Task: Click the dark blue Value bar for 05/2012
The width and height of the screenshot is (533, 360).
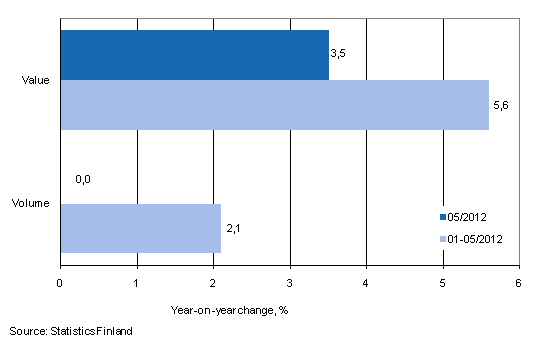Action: pyautogui.click(x=194, y=55)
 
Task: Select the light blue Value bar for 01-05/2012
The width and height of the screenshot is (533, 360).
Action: pyautogui.click(x=274, y=105)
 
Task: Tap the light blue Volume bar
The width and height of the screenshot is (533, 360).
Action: pyautogui.click(x=140, y=228)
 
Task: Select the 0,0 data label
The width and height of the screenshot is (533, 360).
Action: pyautogui.click(x=83, y=180)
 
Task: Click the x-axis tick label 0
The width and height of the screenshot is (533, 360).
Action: pyautogui.click(x=60, y=284)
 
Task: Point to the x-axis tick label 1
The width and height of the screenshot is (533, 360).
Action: pyautogui.click(x=137, y=284)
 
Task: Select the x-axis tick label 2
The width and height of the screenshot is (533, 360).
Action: pyautogui.click(x=213, y=284)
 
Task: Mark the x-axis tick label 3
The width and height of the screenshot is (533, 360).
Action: pyautogui.click(x=290, y=284)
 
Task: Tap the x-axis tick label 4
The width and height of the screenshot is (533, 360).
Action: pyautogui.click(x=366, y=284)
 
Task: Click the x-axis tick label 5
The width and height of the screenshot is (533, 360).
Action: pyautogui.click(x=442, y=284)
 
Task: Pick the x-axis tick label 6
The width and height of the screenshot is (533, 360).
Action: pyautogui.click(x=518, y=284)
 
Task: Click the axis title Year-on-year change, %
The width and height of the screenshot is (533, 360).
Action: pyautogui.click(x=229, y=309)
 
